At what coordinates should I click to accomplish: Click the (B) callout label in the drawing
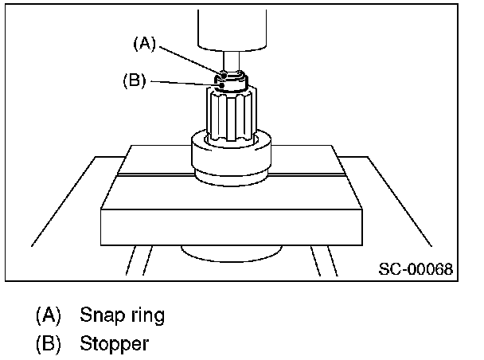pyautogui.click(x=134, y=80)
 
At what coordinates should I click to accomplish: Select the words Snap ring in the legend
pyautogui.click(x=122, y=315)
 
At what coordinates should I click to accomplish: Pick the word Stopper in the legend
pyautogui.click(x=114, y=346)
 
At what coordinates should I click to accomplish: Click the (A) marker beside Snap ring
pyautogui.click(x=48, y=315)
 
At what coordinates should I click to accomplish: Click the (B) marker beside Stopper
pyautogui.click(x=48, y=346)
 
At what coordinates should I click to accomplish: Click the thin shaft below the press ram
pyautogui.click(x=231, y=62)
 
